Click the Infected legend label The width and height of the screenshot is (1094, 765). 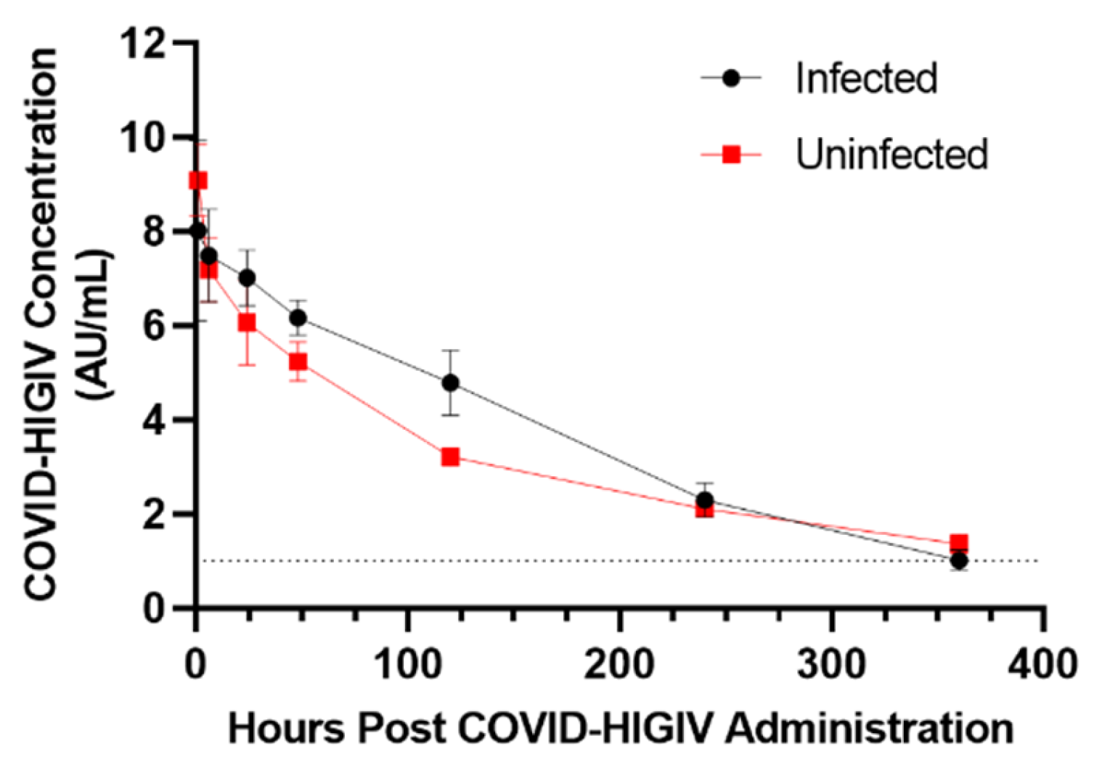pos(866,78)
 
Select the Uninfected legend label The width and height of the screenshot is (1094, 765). pos(891,154)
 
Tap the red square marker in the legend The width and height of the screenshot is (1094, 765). pos(731,155)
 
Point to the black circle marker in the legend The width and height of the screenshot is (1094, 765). pos(731,78)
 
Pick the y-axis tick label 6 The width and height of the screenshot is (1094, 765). pos(153,326)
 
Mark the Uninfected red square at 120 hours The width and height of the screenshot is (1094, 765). pos(450,457)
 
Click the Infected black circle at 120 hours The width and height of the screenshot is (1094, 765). pos(450,382)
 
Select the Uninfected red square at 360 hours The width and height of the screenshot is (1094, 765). pos(959,543)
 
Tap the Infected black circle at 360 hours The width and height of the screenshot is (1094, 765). pos(959,560)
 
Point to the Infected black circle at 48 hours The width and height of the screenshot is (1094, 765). pos(298,318)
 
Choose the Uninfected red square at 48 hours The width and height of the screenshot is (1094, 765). pos(298,361)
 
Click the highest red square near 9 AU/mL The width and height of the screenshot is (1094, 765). pos(197,180)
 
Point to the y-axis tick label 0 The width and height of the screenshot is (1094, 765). pos(153,607)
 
